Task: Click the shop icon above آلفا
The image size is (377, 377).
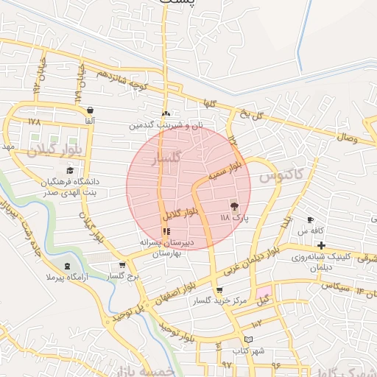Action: coord(89,110)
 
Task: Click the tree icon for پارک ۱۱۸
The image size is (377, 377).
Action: coord(235,207)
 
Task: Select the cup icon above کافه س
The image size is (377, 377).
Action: coord(311,220)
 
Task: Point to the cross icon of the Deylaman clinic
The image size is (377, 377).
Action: coord(321,244)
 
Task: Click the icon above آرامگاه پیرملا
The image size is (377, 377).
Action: coord(68,265)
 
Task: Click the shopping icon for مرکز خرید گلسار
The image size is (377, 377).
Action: coord(219,290)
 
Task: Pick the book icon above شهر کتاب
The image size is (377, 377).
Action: coord(248,339)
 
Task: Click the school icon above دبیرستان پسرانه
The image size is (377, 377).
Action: coord(167,231)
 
